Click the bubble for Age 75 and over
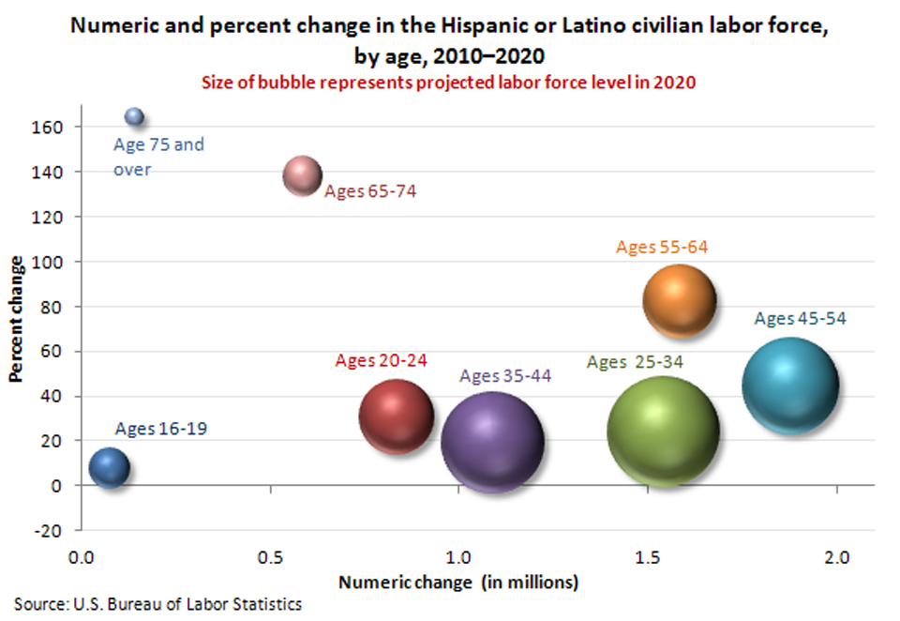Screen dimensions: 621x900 click(x=135, y=116)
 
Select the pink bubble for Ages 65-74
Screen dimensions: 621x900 click(x=303, y=176)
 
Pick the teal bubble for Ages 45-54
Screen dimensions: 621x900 click(x=789, y=386)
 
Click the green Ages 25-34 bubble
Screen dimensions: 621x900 click(x=663, y=432)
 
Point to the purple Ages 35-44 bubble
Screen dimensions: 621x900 click(x=492, y=442)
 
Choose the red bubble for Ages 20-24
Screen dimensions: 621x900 click(x=397, y=417)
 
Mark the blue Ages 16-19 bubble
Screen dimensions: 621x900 click(x=109, y=467)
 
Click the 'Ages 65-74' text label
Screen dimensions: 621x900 click(x=370, y=191)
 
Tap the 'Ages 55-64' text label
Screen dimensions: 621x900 click(x=662, y=248)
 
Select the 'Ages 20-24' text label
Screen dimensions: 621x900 click(x=381, y=360)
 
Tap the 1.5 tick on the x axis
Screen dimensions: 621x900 click(x=648, y=558)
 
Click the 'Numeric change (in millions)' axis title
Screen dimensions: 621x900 click(x=458, y=583)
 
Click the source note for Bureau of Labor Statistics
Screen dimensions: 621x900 click(x=157, y=604)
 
